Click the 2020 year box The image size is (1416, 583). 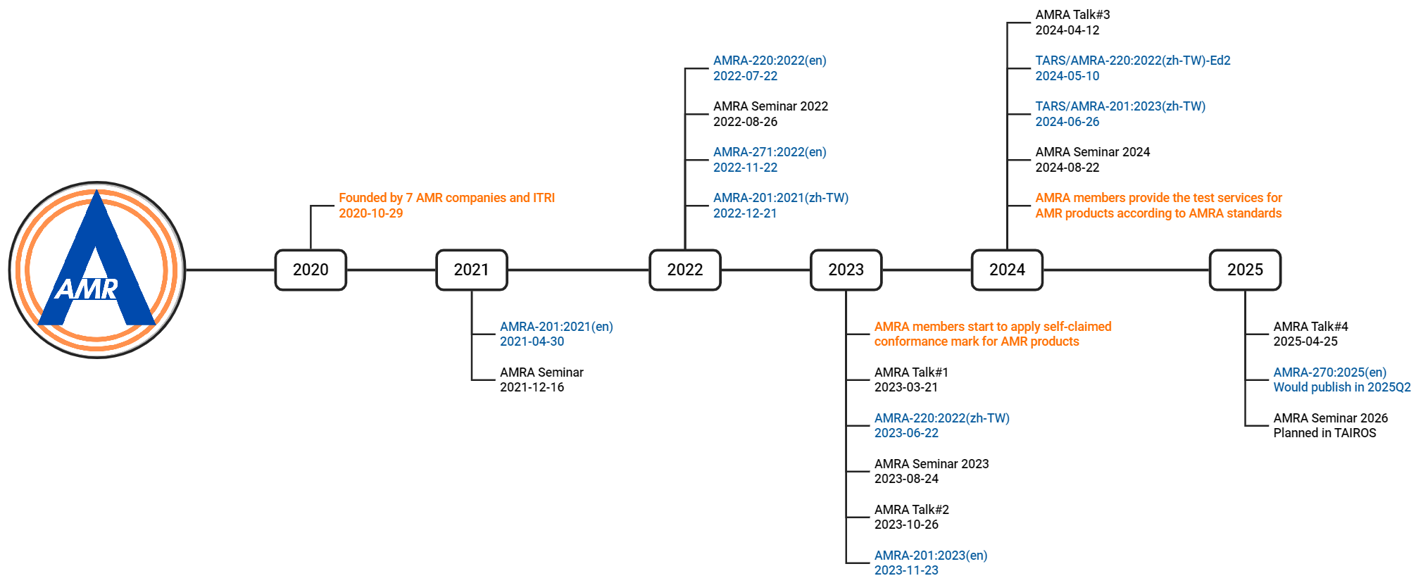point(311,270)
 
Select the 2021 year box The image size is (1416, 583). point(472,270)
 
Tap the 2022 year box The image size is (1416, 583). point(685,270)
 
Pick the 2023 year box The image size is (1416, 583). point(846,270)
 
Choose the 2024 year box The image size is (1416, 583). point(1007,270)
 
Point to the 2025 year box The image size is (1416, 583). point(1245,270)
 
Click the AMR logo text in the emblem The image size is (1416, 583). point(87,289)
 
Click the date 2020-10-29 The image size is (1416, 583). point(371,213)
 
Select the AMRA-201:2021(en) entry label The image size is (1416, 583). point(556,327)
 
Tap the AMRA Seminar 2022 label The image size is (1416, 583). point(770,106)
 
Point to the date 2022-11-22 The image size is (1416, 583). point(746,168)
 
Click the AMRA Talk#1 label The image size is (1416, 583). point(911,372)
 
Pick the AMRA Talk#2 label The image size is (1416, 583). point(912,510)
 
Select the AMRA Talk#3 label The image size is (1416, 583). point(1072,15)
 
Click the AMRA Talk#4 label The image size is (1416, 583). point(1310,327)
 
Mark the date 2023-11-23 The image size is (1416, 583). point(906,570)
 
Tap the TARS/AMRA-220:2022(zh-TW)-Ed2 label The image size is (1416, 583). point(1133,61)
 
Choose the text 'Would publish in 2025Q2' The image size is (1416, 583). point(1342,387)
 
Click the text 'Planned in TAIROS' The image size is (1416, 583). point(1324,433)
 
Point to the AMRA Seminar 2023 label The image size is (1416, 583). point(932,464)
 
